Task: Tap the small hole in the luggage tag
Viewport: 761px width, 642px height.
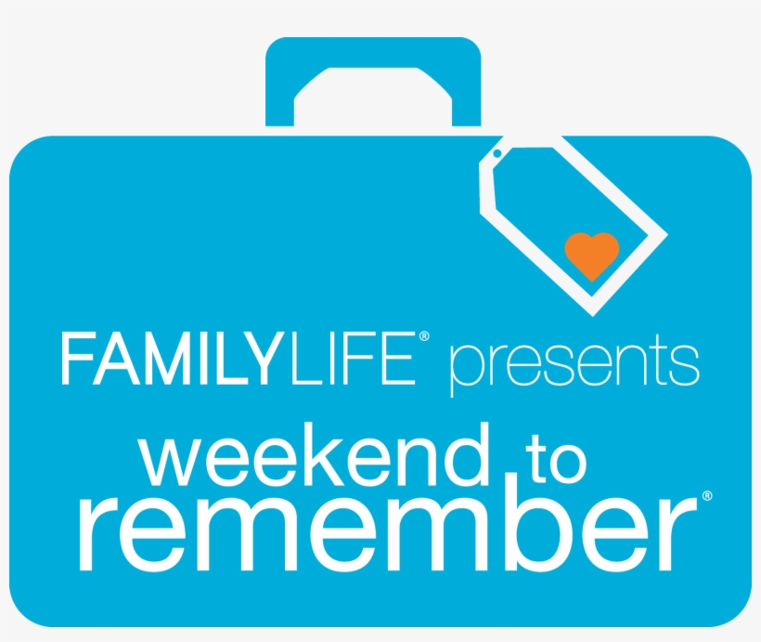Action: tap(497, 154)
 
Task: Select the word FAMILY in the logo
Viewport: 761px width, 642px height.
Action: tap(172, 360)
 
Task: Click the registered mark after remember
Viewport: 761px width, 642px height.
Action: tap(706, 497)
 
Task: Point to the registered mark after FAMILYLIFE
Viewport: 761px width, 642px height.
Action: tap(424, 340)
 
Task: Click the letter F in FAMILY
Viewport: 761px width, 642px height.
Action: tap(75, 360)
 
